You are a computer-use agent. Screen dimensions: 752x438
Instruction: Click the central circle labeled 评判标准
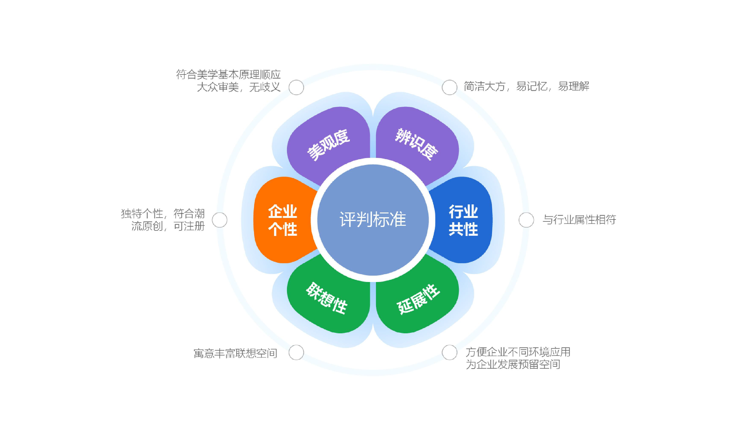pyautogui.click(x=373, y=220)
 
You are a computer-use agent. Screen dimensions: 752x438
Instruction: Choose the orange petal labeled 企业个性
pyautogui.click(x=282, y=220)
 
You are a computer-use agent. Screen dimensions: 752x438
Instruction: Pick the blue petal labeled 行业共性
pyautogui.click(x=463, y=220)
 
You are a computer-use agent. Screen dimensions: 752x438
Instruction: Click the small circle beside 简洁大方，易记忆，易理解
pyautogui.click(x=449, y=87)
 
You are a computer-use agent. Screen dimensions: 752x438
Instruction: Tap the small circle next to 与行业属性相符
pyautogui.click(x=526, y=220)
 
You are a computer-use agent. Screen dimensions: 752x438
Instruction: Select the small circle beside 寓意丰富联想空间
pyautogui.click(x=296, y=352)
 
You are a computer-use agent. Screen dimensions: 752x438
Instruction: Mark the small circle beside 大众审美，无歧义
pyautogui.click(x=296, y=87)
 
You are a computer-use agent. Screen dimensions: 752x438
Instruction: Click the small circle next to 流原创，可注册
pyautogui.click(x=220, y=220)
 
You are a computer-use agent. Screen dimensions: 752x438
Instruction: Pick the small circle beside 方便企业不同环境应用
pyautogui.click(x=449, y=352)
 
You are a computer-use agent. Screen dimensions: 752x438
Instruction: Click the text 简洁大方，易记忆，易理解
pyautogui.click(x=526, y=86)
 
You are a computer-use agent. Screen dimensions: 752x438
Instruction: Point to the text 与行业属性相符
pyautogui.click(x=579, y=220)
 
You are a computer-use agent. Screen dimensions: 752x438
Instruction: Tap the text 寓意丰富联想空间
pyautogui.click(x=235, y=353)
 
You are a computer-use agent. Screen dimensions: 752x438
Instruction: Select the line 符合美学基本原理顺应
pyautogui.click(x=228, y=74)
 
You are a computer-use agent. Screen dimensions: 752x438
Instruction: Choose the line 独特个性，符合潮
pyautogui.click(x=163, y=214)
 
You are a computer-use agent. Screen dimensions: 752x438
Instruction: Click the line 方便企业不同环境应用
pyautogui.click(x=518, y=352)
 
